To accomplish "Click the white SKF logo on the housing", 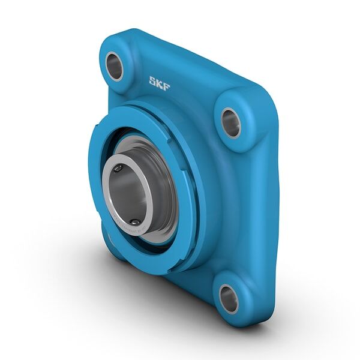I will point(160,83).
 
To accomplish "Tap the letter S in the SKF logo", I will point(153,81).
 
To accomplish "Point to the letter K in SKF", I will point(160,83).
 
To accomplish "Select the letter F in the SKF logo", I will point(166,86).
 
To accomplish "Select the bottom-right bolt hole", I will point(229,298).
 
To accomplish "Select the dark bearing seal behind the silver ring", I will point(168,180).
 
